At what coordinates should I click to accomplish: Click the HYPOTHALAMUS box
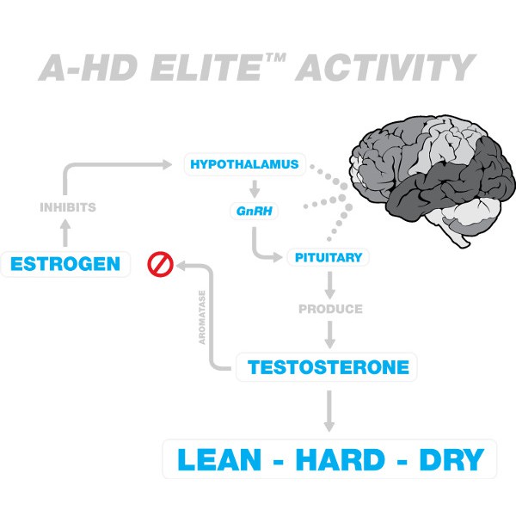pyautogui.click(x=245, y=164)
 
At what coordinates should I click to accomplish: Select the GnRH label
pyautogui.click(x=254, y=211)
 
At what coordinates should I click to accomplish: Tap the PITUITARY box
pyautogui.click(x=329, y=257)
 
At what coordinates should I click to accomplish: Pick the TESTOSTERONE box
pyautogui.click(x=327, y=367)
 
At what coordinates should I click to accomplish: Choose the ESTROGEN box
pyautogui.click(x=65, y=264)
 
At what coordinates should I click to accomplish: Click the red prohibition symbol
pyautogui.click(x=160, y=264)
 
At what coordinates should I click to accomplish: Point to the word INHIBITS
pyautogui.click(x=68, y=207)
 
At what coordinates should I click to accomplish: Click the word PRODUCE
pyautogui.click(x=330, y=309)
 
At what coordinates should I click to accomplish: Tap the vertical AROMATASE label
pyautogui.click(x=202, y=317)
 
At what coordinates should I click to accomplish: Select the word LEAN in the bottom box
pyautogui.click(x=219, y=460)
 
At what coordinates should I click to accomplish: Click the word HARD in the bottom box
pyautogui.click(x=340, y=460)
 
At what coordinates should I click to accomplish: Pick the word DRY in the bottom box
pyautogui.click(x=451, y=460)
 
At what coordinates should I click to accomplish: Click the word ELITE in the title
pyautogui.click(x=206, y=68)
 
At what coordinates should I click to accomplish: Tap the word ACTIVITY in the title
pyautogui.click(x=385, y=68)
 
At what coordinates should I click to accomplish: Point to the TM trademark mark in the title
pyautogui.click(x=276, y=58)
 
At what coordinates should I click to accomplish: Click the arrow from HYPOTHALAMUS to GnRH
pyautogui.click(x=255, y=189)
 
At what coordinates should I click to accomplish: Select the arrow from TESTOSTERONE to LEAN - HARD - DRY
pyautogui.click(x=329, y=411)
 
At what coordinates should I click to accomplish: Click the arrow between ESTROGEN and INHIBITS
pyautogui.click(x=65, y=233)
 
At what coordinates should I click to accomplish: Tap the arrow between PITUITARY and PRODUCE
pyautogui.click(x=329, y=285)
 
